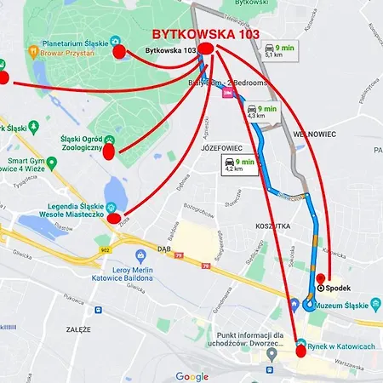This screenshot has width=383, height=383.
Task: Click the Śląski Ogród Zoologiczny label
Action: click(81, 142)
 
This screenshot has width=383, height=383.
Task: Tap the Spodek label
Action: click(339, 288)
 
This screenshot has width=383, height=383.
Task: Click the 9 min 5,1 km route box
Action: click(282, 50)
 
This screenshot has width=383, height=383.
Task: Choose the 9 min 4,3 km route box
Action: click(262, 111)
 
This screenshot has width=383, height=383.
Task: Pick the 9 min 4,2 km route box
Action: click(239, 164)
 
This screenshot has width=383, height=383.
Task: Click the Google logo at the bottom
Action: click(191, 375)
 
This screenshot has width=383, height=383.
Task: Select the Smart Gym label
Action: click(26, 159)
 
